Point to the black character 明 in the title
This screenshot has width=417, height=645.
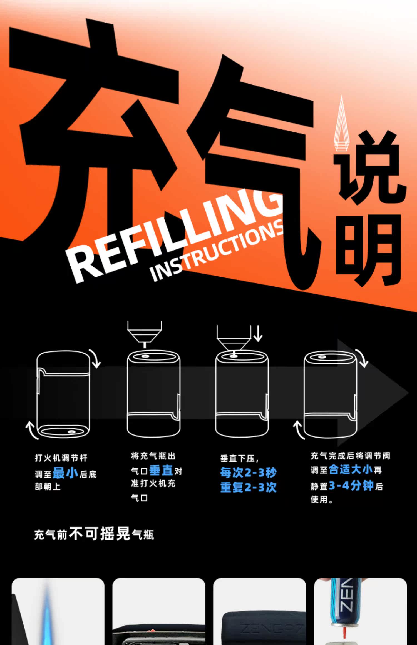click(368, 250)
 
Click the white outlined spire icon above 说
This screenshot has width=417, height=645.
click(341, 125)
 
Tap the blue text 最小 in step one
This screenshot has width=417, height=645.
click(65, 473)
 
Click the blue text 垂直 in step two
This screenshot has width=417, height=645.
click(161, 471)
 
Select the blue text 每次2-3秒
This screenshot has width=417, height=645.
click(248, 472)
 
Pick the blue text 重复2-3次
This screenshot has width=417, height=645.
click(248, 487)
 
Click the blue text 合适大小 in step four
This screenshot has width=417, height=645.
click(350, 470)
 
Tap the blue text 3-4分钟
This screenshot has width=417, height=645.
click(351, 486)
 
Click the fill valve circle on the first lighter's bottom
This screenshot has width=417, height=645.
click(72, 432)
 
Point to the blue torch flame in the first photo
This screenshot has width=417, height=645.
click(48, 619)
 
